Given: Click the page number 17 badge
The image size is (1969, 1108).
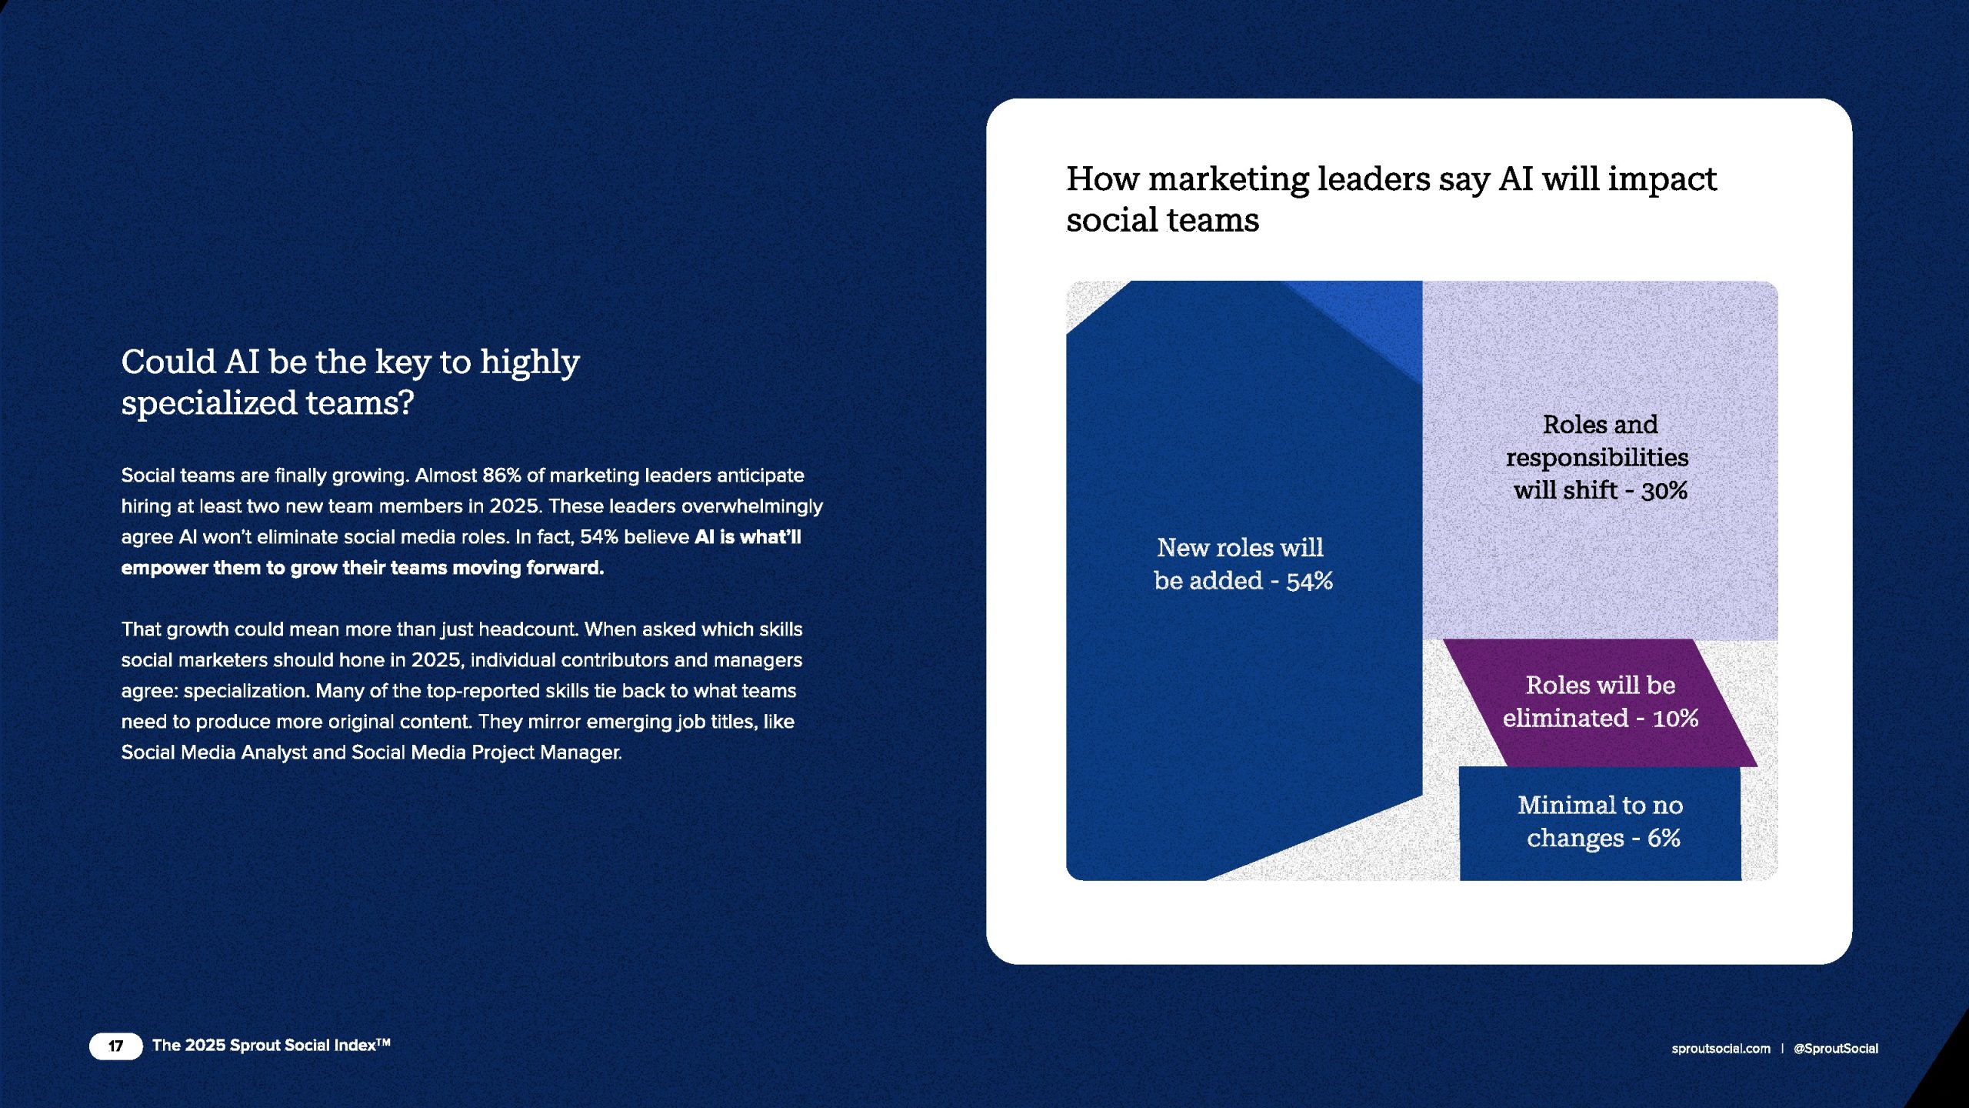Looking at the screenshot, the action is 116,1046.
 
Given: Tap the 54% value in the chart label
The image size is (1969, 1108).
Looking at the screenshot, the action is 1309,581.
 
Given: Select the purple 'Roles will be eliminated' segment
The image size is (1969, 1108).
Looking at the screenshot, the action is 1600,703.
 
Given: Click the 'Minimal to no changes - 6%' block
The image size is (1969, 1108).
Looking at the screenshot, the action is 1600,823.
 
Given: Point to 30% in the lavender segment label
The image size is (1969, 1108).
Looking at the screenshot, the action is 1664,491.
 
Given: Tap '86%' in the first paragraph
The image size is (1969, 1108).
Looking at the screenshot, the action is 501,476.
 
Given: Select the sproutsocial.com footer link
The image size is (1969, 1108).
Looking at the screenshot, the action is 1721,1049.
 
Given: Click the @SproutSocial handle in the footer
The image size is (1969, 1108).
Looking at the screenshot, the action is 1836,1049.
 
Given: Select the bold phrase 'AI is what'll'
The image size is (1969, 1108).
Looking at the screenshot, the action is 748,537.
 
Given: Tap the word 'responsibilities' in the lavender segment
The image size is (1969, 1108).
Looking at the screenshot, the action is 1597,458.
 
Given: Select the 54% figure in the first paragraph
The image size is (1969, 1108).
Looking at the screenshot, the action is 599,537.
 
